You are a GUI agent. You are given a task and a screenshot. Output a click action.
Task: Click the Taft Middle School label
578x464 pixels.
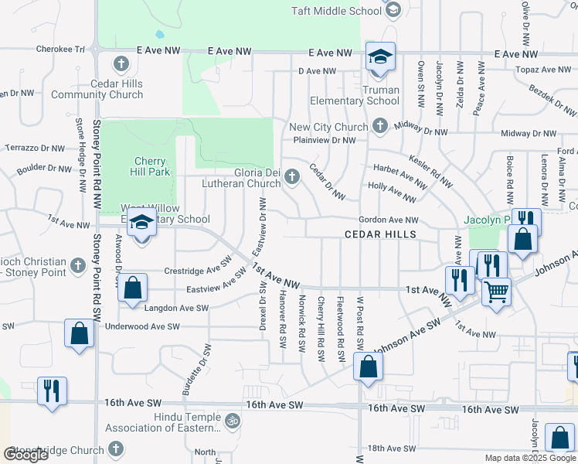tap(336, 11)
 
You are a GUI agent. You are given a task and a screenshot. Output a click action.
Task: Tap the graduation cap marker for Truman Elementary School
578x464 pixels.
tap(380, 58)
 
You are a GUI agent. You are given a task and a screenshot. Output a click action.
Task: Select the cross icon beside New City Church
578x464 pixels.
tap(379, 125)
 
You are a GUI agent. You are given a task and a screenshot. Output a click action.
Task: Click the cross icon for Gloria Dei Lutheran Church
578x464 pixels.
tap(292, 177)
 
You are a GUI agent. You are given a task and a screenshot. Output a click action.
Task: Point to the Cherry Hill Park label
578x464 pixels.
tap(148, 166)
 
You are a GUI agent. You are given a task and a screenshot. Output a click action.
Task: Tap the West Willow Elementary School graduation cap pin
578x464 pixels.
tap(141, 225)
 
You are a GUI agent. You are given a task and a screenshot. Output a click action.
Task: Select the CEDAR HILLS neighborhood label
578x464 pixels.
tap(380, 234)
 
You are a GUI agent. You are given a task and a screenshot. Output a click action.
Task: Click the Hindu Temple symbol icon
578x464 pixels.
tap(232, 421)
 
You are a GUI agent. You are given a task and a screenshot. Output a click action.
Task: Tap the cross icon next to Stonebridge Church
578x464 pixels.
tap(116, 449)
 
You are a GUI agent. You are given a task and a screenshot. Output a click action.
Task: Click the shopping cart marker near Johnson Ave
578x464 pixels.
tap(496, 292)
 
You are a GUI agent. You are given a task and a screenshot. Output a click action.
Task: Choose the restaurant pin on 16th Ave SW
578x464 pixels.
tap(52, 390)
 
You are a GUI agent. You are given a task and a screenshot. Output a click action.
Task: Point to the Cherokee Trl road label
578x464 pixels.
tap(59, 49)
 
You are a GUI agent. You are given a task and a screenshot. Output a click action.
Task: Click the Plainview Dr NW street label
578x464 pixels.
tap(325, 141)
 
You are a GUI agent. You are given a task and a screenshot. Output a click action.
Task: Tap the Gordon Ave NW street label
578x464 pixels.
tap(388, 220)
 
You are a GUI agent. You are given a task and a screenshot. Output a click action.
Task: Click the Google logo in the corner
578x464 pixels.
tap(25, 455)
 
